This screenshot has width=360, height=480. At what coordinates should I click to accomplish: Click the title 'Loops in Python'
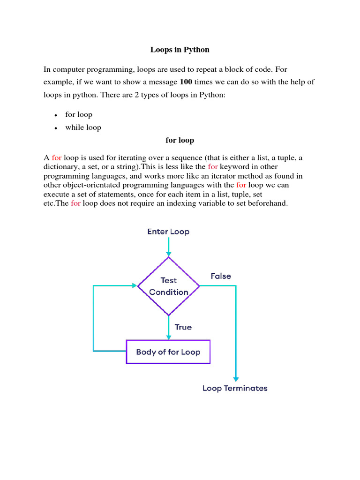pos(180,49)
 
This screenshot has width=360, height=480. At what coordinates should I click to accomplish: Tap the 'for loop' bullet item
pos(79,114)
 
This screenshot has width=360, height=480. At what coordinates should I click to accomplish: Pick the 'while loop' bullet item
pos(83,127)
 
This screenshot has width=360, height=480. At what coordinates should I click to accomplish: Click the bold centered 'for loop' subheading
pos(180,140)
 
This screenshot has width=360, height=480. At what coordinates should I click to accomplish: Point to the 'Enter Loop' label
pos(168,232)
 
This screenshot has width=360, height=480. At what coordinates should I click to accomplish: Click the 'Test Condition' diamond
pos(168,286)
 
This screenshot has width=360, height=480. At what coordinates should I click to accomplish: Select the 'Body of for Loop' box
pos(168,352)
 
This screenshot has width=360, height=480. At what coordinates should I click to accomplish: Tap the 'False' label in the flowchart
pos(220,276)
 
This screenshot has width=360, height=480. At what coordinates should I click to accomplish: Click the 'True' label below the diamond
pos(183,327)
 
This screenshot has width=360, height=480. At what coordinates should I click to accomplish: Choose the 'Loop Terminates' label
pos(235,388)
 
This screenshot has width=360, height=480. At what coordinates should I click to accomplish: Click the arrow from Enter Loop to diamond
pos(168,246)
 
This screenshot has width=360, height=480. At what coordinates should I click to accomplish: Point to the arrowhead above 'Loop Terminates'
pos(236,379)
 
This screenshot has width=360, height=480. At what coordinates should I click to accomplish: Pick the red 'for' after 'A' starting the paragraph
pos(57,158)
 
